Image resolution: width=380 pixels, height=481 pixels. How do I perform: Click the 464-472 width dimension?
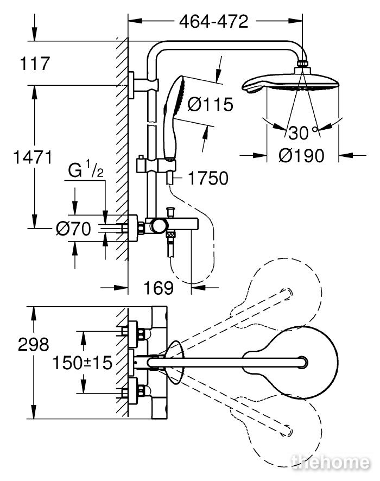tap(213, 22)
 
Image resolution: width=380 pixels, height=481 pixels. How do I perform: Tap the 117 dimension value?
tap(35, 64)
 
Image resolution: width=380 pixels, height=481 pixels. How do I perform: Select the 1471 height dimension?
tap(33, 157)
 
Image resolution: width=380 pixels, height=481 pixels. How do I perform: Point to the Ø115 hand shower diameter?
tap(211, 104)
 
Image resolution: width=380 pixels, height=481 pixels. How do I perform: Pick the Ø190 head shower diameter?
tap(301, 155)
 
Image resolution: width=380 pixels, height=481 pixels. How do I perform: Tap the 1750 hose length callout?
tap(208, 178)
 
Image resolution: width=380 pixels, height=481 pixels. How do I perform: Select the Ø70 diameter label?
tap(73, 229)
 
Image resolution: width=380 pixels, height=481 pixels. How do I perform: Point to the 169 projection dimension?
tap(159, 288)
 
